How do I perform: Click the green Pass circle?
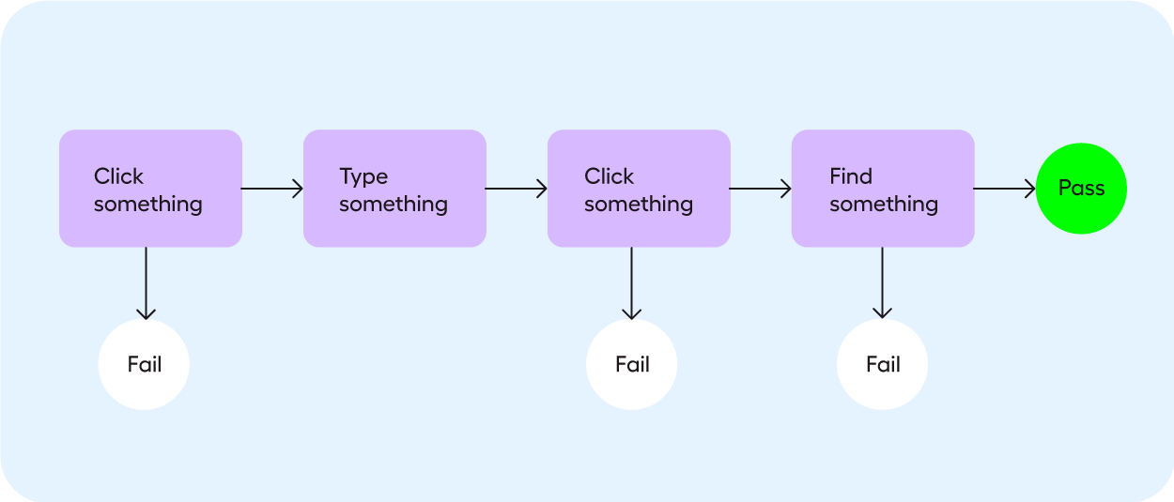pos(1081,189)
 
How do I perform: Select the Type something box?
pos(394,189)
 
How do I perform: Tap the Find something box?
pos(883,189)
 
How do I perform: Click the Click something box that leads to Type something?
pos(150,189)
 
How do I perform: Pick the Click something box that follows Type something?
pos(639,189)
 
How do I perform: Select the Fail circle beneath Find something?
pos(882,364)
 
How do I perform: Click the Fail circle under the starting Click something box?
pos(144,364)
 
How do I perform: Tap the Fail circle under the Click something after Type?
pos(631,364)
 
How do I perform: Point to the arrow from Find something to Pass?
pos(1004,189)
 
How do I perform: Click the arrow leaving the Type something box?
pos(516,189)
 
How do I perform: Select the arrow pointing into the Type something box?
pos(272,189)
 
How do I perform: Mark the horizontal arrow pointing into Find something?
pos(760,189)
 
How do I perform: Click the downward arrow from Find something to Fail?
pos(882,282)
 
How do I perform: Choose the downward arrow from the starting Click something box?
pos(146,282)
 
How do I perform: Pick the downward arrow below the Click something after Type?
pos(631,282)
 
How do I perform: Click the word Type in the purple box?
pos(363,176)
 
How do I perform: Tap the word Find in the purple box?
pos(851,176)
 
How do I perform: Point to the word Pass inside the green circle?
pos(1081,189)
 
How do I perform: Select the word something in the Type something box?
pos(394,204)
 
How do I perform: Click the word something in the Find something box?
pos(884,204)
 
